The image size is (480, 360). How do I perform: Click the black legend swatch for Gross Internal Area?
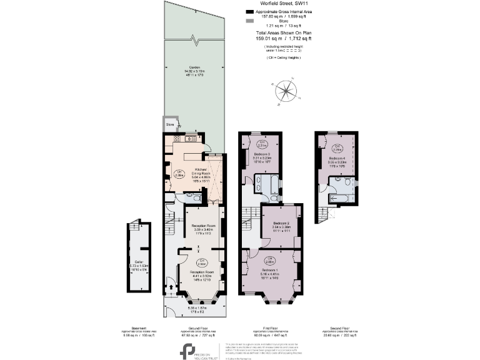(250, 12)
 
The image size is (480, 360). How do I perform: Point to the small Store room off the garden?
(170, 124)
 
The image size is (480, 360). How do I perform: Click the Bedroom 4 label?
(337, 159)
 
